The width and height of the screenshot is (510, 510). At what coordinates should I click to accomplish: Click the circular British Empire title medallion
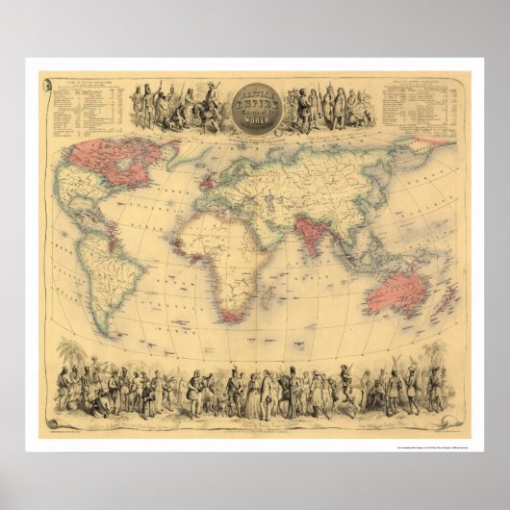point(255,107)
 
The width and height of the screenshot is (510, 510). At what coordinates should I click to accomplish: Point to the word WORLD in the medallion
point(256,121)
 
